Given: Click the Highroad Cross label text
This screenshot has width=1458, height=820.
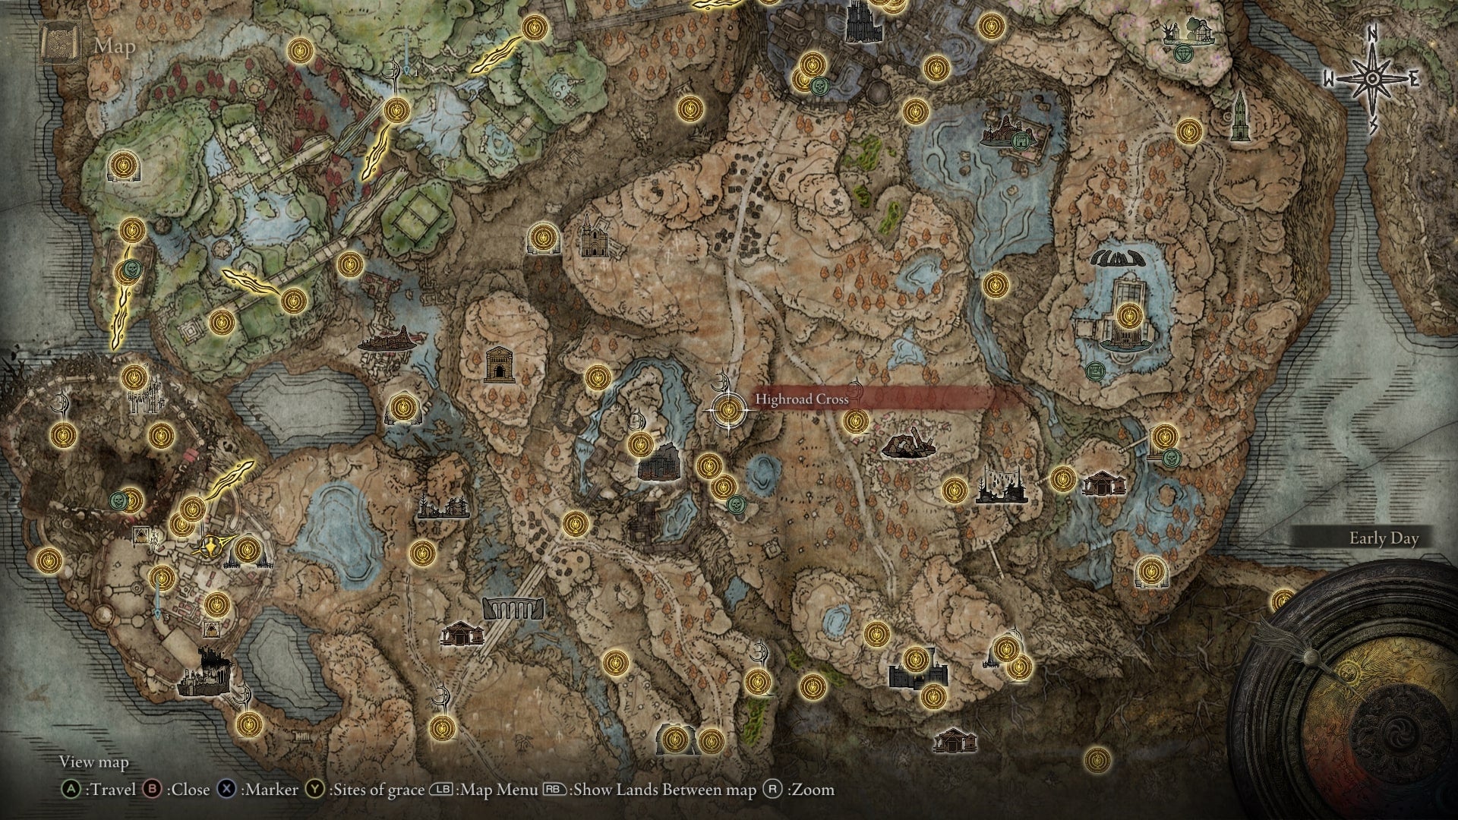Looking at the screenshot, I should tap(801, 399).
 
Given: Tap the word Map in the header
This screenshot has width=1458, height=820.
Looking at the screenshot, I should tap(115, 47).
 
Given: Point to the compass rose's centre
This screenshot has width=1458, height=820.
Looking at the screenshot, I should tap(1373, 79).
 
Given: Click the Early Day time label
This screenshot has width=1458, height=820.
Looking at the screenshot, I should tap(1384, 538).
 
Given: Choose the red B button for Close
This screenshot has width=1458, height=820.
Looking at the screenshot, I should tap(153, 790).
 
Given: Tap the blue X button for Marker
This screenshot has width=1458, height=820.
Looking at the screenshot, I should tap(226, 790).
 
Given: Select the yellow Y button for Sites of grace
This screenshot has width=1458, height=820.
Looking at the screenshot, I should tap(315, 790).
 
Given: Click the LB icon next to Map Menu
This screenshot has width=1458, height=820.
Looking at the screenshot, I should tap(441, 790).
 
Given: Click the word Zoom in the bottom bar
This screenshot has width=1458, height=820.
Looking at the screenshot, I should tap(813, 790).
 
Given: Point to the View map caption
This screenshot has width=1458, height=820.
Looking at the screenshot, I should tap(94, 762).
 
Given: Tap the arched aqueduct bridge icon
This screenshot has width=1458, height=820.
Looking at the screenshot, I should tap(513, 607).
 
